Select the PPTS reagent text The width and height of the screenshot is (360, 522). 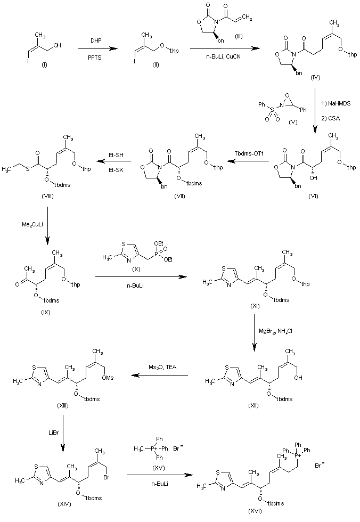(x=95, y=58)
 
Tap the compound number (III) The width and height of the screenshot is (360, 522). (x=239, y=36)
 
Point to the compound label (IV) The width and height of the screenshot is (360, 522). (x=315, y=77)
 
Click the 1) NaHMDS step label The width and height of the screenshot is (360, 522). (x=336, y=103)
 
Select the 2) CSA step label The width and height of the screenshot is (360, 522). (x=331, y=118)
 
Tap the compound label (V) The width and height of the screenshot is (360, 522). (x=293, y=122)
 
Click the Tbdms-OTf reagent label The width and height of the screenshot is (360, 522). (x=249, y=153)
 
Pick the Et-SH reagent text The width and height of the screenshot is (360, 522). (x=116, y=155)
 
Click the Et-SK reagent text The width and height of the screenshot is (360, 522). (x=116, y=170)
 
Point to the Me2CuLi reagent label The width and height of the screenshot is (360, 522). (x=32, y=225)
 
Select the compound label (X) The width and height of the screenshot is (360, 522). (x=136, y=269)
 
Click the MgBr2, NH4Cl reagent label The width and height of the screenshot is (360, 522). (x=275, y=331)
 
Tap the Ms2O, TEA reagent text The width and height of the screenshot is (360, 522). (x=163, y=367)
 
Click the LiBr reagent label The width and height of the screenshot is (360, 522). (x=54, y=433)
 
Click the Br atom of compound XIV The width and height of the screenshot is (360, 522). (x=107, y=477)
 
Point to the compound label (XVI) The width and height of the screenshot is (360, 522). (x=255, y=511)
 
